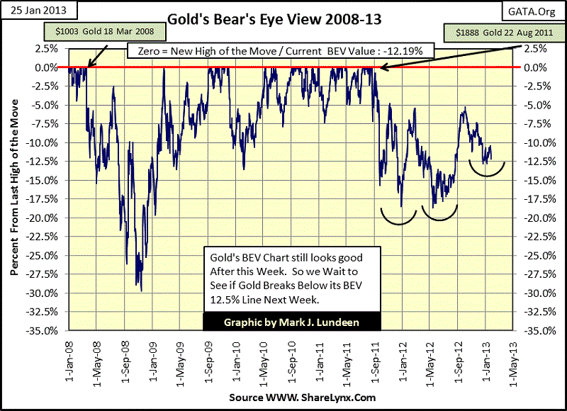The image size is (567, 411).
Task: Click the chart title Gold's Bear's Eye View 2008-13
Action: tap(274, 19)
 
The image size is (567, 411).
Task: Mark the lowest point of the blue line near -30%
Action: tap(141, 291)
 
